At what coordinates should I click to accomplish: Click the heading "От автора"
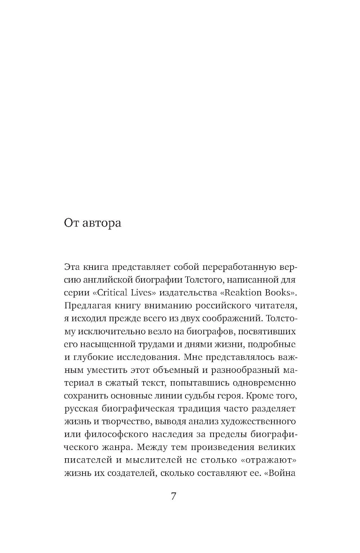pos(93,223)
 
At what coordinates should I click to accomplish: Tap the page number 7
pos(174,496)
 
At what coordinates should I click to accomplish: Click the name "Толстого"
pos(204,280)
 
